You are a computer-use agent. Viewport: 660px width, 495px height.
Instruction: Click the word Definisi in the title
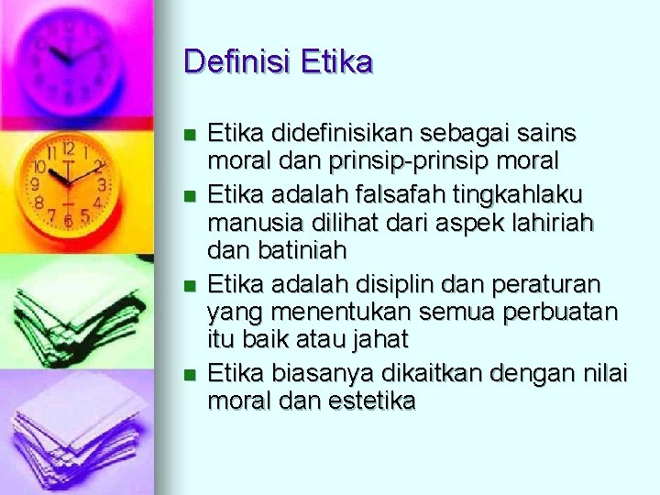click(236, 61)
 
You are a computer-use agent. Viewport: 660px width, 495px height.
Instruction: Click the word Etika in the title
click(336, 61)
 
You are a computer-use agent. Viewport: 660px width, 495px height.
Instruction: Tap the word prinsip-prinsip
click(409, 161)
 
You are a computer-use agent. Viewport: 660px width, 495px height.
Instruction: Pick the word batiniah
click(302, 249)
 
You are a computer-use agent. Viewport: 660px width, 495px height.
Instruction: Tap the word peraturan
click(546, 285)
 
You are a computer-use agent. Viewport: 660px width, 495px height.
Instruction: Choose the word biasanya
click(323, 374)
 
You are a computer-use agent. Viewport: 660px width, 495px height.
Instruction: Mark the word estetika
click(371, 401)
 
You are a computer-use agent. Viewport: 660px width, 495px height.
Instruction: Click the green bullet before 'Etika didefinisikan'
click(190, 135)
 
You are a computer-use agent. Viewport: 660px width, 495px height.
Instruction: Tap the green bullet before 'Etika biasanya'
click(190, 375)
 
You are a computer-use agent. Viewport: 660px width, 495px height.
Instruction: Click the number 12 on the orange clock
click(69, 148)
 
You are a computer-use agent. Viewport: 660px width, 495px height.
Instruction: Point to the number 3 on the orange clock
click(102, 184)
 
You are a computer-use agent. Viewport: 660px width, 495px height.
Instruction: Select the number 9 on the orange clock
click(36, 184)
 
